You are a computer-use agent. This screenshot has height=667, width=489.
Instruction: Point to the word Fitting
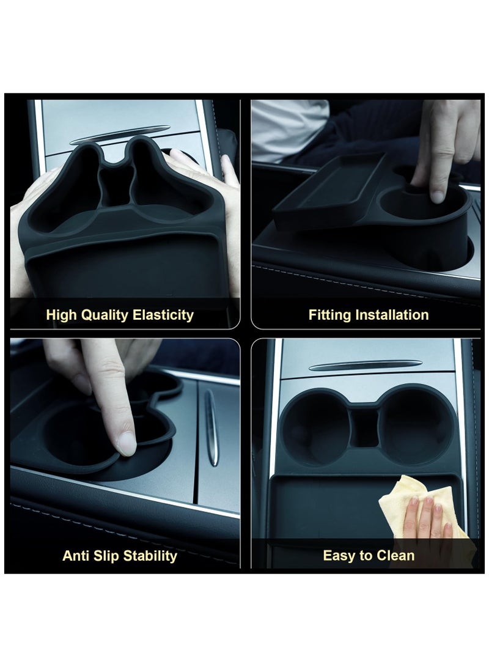[x=328, y=315]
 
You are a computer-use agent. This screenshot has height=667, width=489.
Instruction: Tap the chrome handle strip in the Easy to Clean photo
[x=365, y=366]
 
